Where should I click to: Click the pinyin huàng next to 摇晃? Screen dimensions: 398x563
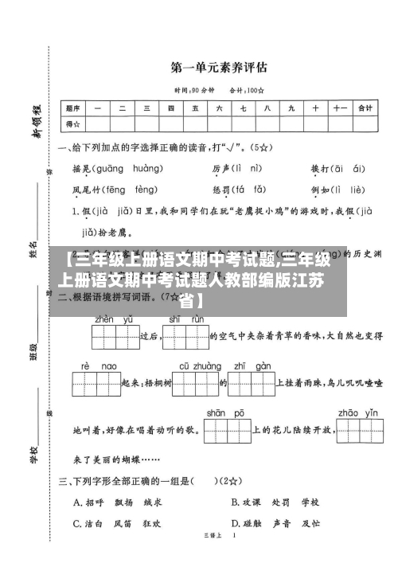click(x=147, y=169)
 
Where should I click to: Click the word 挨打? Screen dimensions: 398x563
click(x=319, y=169)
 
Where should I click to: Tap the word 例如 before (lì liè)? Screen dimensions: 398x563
click(x=319, y=190)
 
